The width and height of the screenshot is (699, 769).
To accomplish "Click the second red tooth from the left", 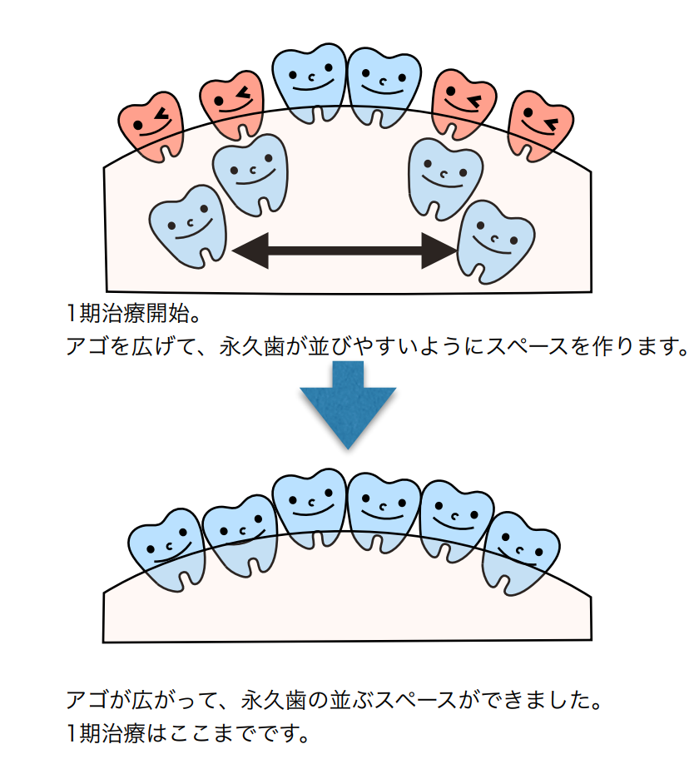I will (231, 105).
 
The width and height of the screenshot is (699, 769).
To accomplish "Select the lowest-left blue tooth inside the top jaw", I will (189, 226).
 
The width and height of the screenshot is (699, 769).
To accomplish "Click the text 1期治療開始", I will (133, 315).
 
